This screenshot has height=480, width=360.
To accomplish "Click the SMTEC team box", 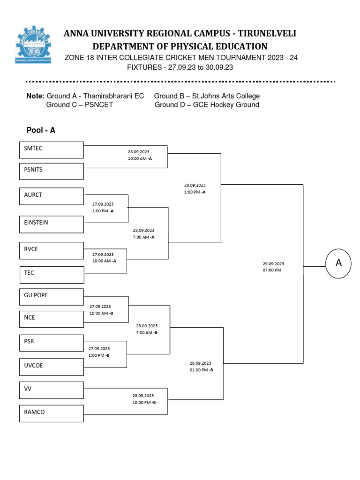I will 51,150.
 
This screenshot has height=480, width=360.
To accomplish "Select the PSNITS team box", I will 51,171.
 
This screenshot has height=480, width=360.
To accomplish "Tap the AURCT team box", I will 51,196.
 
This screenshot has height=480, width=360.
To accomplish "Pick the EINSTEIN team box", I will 51,224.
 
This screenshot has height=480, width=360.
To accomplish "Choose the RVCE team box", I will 51,251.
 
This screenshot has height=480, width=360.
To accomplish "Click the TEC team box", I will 51,275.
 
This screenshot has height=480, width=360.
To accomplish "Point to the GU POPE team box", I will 51,297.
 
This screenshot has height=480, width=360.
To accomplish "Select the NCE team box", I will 51,319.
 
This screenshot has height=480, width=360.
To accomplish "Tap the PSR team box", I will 51,343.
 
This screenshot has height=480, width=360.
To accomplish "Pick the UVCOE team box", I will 51,367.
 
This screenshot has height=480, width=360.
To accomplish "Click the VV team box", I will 51,390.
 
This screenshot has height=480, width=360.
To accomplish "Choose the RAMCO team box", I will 51,413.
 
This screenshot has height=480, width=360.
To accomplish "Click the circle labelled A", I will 339,263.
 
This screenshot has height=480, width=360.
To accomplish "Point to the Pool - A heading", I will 41,130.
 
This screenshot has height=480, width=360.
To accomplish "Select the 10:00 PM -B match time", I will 144,402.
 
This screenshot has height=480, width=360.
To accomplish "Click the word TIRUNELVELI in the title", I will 267,34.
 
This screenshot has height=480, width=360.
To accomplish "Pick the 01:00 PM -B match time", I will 201,370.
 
